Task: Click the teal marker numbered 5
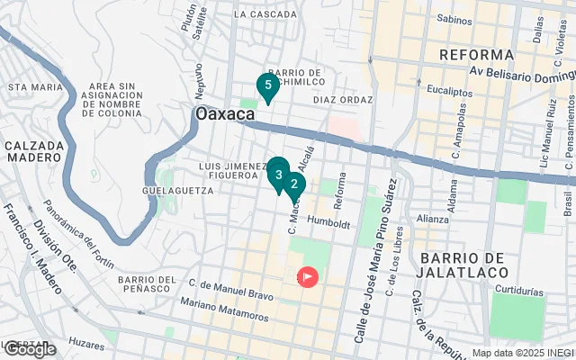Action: click(265, 86)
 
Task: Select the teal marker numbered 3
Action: click(278, 173)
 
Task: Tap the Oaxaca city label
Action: click(225, 116)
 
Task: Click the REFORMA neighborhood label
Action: click(477, 56)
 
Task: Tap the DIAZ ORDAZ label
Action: click(342, 100)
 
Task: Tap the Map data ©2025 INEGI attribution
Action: click(522, 353)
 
